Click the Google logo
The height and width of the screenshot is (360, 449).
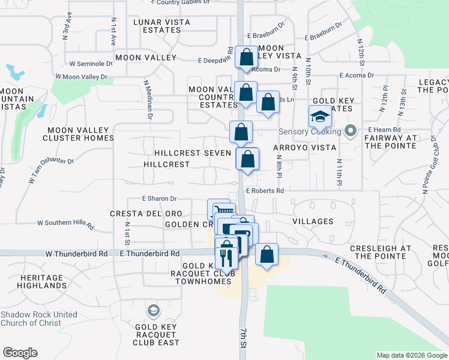tap(20, 353)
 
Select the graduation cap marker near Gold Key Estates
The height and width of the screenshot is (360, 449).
tap(320, 116)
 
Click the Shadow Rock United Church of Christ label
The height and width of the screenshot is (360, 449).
tap(39, 319)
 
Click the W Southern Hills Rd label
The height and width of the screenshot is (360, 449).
tap(66, 224)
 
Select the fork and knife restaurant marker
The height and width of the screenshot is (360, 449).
tap(226, 257)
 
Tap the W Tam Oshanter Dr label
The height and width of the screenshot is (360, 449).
tap(51, 170)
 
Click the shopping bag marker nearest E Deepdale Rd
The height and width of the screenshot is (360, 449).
tap(246, 58)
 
